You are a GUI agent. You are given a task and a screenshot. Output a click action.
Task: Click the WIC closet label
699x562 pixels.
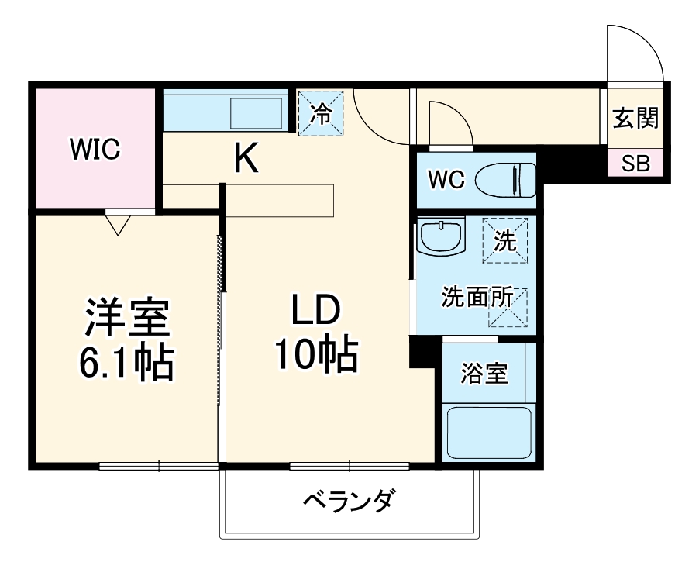click(95, 149)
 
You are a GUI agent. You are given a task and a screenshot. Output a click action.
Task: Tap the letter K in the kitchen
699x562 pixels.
click(246, 160)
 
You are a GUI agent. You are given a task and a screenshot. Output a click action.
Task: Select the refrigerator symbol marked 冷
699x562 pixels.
click(321, 113)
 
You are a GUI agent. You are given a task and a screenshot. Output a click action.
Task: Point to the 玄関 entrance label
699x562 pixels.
click(635, 119)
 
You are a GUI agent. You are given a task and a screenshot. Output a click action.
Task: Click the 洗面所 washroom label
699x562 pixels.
click(477, 298)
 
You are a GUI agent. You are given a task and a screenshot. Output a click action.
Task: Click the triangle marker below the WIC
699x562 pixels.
click(118, 225)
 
